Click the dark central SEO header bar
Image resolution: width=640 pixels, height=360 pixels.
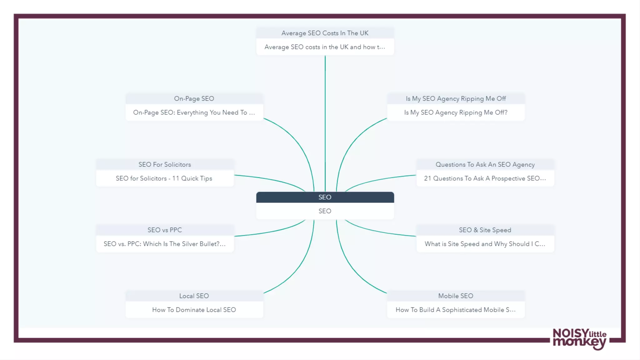coord(325,197)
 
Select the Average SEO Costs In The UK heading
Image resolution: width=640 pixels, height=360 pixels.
coord(325,33)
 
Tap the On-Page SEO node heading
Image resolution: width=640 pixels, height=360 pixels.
coord(194,99)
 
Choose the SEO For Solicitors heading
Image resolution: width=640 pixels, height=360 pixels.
coord(165,164)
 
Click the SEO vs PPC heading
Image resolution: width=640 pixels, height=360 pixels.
coord(165,230)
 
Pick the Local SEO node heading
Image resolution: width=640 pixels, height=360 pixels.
coord(194,296)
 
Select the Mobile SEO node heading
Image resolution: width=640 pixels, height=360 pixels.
coord(455,296)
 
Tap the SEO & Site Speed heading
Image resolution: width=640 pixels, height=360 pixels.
coord(485,230)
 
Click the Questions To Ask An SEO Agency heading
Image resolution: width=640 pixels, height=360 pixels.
coord(485,164)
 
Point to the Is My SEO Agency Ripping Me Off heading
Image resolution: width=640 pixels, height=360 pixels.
coord(456,99)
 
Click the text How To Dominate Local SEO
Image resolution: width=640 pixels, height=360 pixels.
coord(194,310)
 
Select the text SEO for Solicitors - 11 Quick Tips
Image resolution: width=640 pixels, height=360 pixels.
coord(164,178)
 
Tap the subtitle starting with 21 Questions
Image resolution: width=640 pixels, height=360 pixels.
coord(485,178)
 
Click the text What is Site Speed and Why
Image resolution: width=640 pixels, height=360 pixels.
coord(485,244)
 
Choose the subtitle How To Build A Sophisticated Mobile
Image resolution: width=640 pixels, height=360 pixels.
coord(455,310)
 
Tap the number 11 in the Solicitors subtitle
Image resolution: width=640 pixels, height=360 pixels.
coord(176,178)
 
